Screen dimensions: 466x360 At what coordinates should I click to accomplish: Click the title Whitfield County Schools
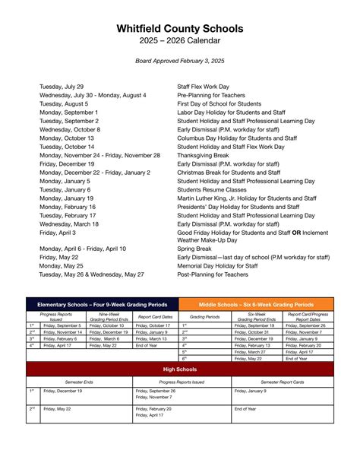coord(180,28)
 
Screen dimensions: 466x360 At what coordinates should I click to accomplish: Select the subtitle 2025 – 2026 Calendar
coord(180,41)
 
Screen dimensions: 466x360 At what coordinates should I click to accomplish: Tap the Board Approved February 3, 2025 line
coord(180,60)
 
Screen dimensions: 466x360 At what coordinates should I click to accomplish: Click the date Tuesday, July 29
coord(62,87)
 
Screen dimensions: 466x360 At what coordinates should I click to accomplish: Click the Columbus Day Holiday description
coord(237,138)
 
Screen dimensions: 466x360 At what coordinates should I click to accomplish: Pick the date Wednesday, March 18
coord(69,224)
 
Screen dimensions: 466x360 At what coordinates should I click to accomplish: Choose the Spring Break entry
coord(194,249)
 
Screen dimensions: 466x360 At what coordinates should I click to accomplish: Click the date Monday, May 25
coord(61,266)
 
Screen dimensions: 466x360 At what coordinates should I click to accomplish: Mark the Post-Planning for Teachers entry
coord(214,274)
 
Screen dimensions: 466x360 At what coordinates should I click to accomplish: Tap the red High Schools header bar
coord(180,368)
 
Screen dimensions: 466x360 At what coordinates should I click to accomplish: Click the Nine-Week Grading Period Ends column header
coord(109,316)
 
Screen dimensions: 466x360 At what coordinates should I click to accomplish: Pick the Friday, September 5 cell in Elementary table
coord(61,325)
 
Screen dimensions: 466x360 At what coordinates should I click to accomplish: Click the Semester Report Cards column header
coord(283,381)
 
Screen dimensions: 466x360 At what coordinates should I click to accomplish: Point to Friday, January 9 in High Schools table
coord(250,391)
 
